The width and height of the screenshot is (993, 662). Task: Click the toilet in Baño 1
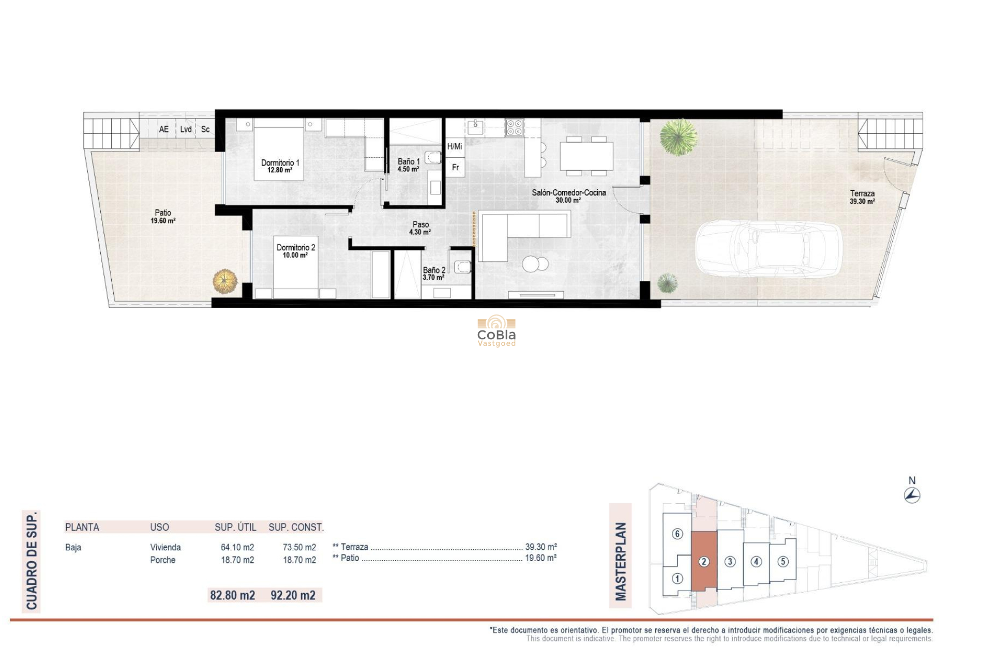coord(433,157)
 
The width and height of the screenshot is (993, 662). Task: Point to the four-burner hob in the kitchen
coord(514,127)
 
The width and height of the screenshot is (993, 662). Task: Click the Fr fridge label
coord(456,168)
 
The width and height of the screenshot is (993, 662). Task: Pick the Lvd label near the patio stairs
coord(186,129)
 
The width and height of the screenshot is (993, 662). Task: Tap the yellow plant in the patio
coord(225,281)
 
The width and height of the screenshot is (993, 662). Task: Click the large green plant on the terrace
coord(679,137)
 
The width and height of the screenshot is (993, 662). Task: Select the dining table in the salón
coord(586,156)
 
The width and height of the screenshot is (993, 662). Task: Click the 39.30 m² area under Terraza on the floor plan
coord(862,202)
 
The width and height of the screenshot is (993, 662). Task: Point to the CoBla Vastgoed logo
coord(496,331)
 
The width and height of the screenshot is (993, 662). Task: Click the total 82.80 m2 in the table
coord(232,595)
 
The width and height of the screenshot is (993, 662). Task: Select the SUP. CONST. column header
coord(296,528)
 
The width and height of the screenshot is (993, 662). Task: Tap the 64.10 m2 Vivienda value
coord(237,547)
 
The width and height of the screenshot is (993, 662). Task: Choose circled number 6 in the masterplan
coord(678,534)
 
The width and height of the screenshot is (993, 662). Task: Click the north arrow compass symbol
coord(912,495)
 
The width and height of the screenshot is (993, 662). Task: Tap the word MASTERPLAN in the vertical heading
coord(621,562)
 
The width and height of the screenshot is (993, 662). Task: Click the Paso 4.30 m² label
coord(420,228)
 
